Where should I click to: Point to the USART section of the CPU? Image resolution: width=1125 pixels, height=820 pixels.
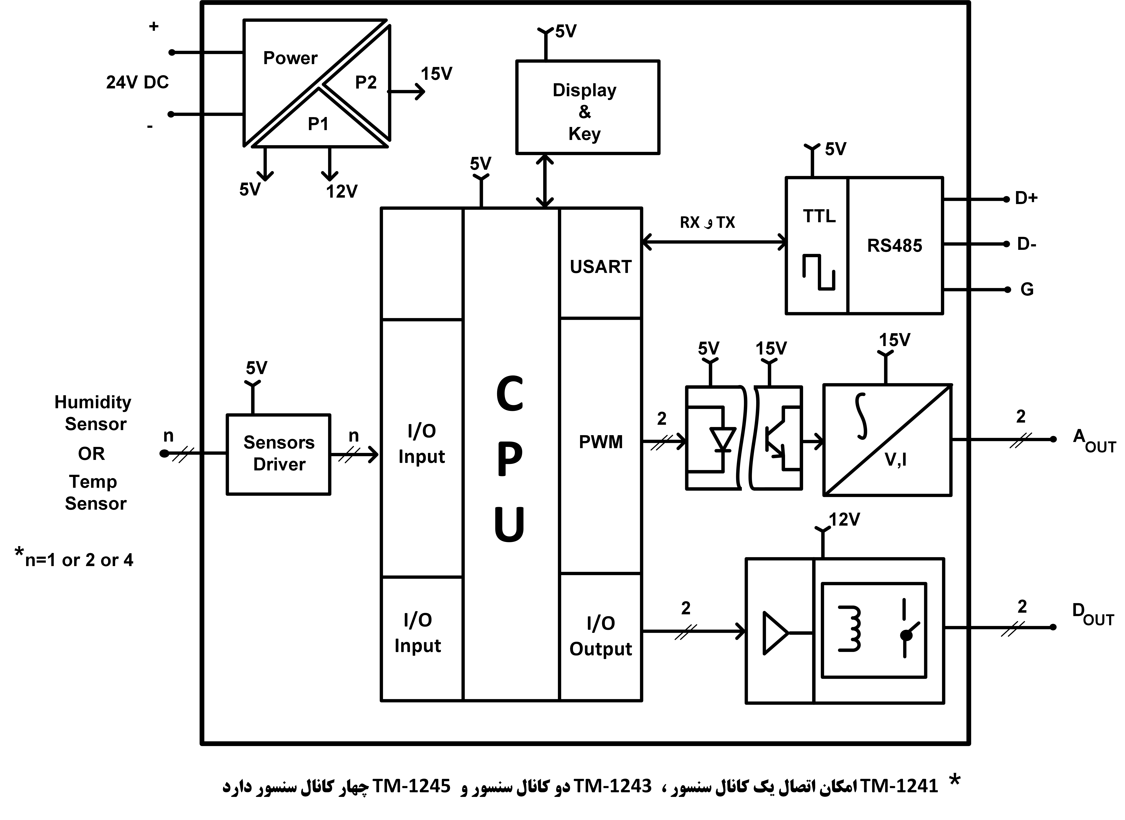coord(600,266)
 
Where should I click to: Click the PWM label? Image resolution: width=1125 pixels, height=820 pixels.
coord(600,442)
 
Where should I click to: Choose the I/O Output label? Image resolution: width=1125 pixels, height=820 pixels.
coord(600,636)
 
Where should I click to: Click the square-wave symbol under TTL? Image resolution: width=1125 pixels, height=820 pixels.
coord(818,272)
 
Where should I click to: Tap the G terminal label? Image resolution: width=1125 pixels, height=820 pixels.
coord(1027,289)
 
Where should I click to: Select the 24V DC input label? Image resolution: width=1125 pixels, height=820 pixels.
coord(137,82)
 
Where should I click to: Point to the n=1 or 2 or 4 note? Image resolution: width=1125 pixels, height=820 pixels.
coord(75,559)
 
